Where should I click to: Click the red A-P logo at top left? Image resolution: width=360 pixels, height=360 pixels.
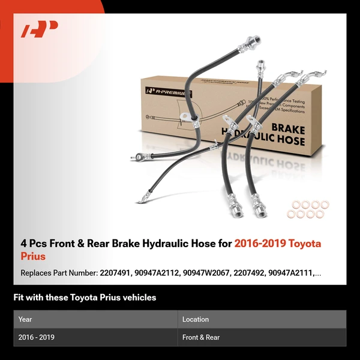[x=40, y=29]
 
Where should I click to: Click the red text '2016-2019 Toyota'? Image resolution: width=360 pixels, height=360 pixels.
[x=277, y=244]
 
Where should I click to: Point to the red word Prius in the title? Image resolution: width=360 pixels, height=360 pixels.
[x=33, y=256]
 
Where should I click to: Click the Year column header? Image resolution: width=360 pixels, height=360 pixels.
[x=25, y=319]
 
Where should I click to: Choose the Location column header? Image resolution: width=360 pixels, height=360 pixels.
[x=196, y=319]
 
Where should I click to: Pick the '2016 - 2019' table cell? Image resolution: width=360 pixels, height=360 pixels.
[x=37, y=337]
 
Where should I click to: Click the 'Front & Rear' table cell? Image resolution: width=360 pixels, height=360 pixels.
[x=201, y=337]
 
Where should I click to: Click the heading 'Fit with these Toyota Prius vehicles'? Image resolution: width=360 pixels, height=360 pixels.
[x=85, y=298]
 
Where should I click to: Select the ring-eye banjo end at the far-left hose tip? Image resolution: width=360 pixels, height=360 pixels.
[x=143, y=194]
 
